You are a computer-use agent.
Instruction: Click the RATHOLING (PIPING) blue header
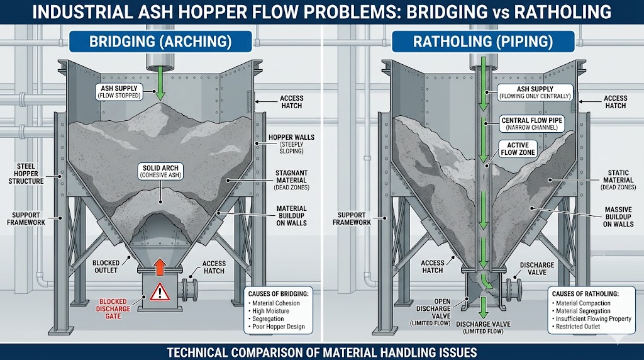[482, 42]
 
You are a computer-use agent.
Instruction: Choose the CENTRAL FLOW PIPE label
[532, 123]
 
